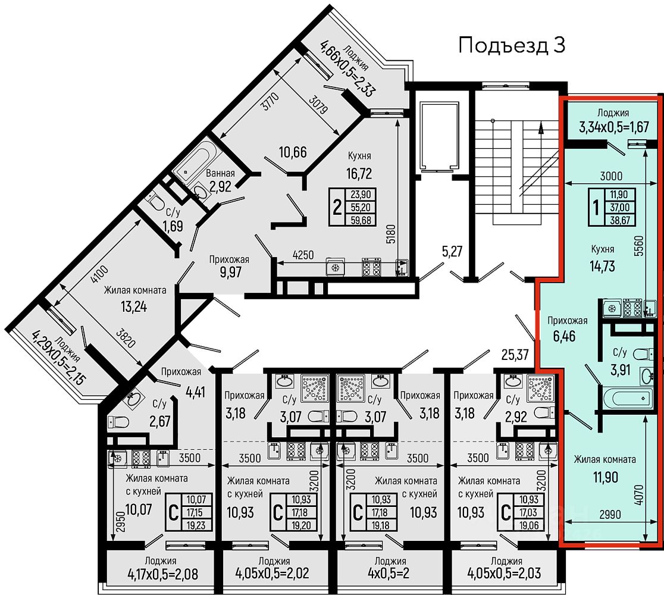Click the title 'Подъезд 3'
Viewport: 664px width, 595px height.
pyautogui.click(x=512, y=45)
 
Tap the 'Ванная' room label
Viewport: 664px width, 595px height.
pyautogui.click(x=220, y=173)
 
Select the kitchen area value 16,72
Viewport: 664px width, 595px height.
pyautogui.click(x=359, y=174)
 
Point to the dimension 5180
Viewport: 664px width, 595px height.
pyautogui.click(x=390, y=233)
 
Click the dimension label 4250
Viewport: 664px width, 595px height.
pyautogui.click(x=303, y=255)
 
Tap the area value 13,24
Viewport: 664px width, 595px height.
pyautogui.click(x=134, y=306)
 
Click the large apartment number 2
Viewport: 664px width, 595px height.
pyautogui.click(x=337, y=208)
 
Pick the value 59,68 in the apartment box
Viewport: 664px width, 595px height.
pyautogui.click(x=361, y=220)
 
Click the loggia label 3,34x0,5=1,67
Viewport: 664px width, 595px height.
pyautogui.click(x=613, y=126)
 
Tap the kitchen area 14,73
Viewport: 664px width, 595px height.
pyautogui.click(x=602, y=266)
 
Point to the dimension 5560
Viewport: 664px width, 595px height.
pyautogui.click(x=638, y=246)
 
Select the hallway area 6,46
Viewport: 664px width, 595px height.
pyautogui.click(x=564, y=336)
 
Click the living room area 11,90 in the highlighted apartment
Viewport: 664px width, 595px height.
pyautogui.click(x=606, y=477)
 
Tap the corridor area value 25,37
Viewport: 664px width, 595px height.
pyautogui.click(x=515, y=354)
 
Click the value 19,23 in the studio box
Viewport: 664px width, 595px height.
pyautogui.click(x=196, y=525)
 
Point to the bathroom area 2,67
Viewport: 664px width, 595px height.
pyautogui.click(x=159, y=421)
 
